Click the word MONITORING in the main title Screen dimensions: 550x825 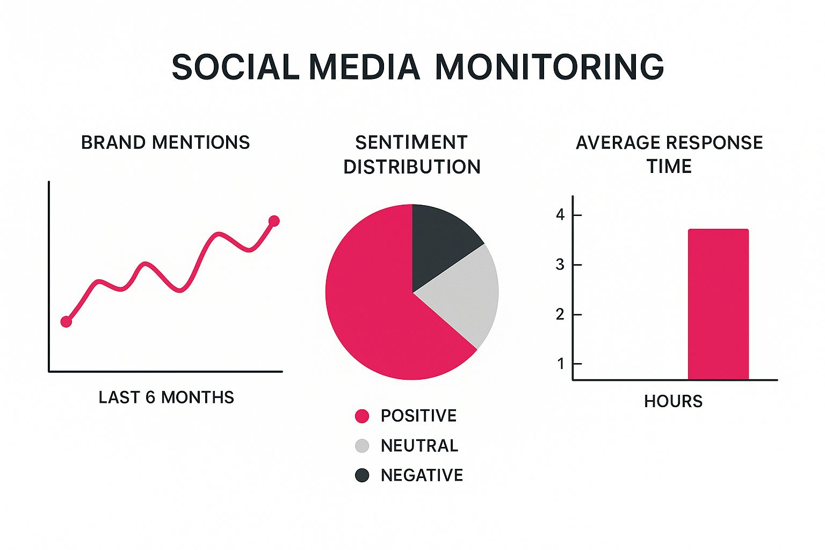tap(549, 67)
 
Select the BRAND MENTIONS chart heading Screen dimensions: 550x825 tap(165, 142)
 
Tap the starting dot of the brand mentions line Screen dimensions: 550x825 tap(66, 322)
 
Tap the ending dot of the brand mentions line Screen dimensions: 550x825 tap(274, 221)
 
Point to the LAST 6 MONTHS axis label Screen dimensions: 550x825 tap(166, 397)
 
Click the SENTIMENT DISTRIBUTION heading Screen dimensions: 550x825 tap(412, 154)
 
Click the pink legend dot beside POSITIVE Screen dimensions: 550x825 tap(362, 416)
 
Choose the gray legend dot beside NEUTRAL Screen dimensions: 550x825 tap(362, 446)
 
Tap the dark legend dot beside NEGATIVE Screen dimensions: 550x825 tap(362, 475)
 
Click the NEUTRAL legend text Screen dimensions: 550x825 tap(419, 446)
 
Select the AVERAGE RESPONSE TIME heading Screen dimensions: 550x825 tap(669, 154)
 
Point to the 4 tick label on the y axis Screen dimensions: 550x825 tap(560, 215)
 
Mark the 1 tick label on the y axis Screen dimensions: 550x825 tap(561, 364)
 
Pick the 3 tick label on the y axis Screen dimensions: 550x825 tap(560, 265)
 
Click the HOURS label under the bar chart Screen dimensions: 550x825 tap(673, 401)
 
